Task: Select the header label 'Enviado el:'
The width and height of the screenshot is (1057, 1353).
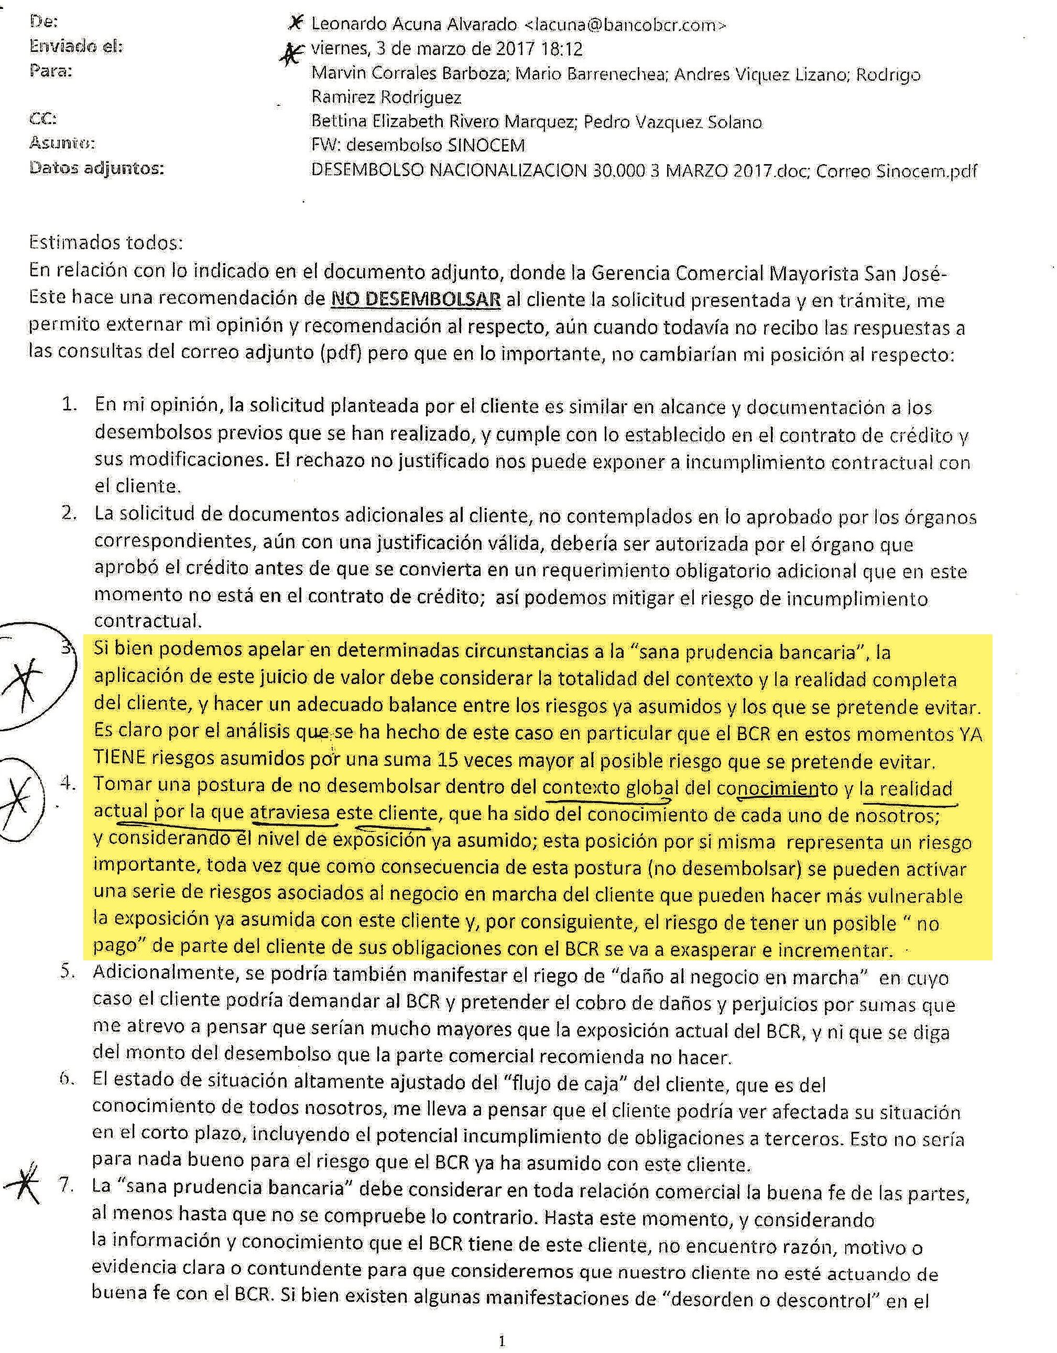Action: click(x=76, y=47)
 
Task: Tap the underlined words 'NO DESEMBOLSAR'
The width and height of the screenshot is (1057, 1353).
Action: click(x=416, y=299)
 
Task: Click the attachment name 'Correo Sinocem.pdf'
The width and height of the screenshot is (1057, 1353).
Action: click(x=896, y=171)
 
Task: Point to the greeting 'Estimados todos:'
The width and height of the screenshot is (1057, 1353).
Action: click(x=106, y=242)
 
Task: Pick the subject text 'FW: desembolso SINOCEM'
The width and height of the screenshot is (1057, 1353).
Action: click(x=418, y=146)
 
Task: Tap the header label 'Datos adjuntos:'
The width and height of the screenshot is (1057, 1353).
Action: click(x=96, y=168)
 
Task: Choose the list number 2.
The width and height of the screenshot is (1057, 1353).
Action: click(x=68, y=514)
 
